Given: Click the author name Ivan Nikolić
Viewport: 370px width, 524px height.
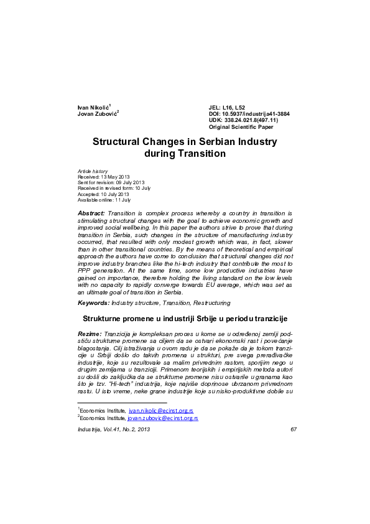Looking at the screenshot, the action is click(93, 108).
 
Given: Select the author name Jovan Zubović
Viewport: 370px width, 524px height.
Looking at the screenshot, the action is click(97, 114).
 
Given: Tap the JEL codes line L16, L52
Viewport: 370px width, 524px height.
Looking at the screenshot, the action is click(227, 108).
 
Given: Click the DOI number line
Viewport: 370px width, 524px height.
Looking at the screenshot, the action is click(249, 114).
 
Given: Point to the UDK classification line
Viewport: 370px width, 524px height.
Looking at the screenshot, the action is click(243, 120).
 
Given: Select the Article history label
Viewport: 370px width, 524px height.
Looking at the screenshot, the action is click(93, 171).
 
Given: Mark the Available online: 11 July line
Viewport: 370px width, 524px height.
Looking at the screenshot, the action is click(104, 199).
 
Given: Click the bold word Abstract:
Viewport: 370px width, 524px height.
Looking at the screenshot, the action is click(91, 213).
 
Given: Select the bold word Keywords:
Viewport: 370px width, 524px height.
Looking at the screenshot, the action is click(93, 302).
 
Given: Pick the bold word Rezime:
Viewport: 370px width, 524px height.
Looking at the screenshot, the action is click(90, 334).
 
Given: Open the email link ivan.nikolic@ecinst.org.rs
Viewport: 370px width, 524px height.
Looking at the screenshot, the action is click(161, 411).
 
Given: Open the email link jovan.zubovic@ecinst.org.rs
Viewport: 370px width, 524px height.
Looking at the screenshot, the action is click(162, 419).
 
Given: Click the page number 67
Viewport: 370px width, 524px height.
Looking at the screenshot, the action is click(294, 429).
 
